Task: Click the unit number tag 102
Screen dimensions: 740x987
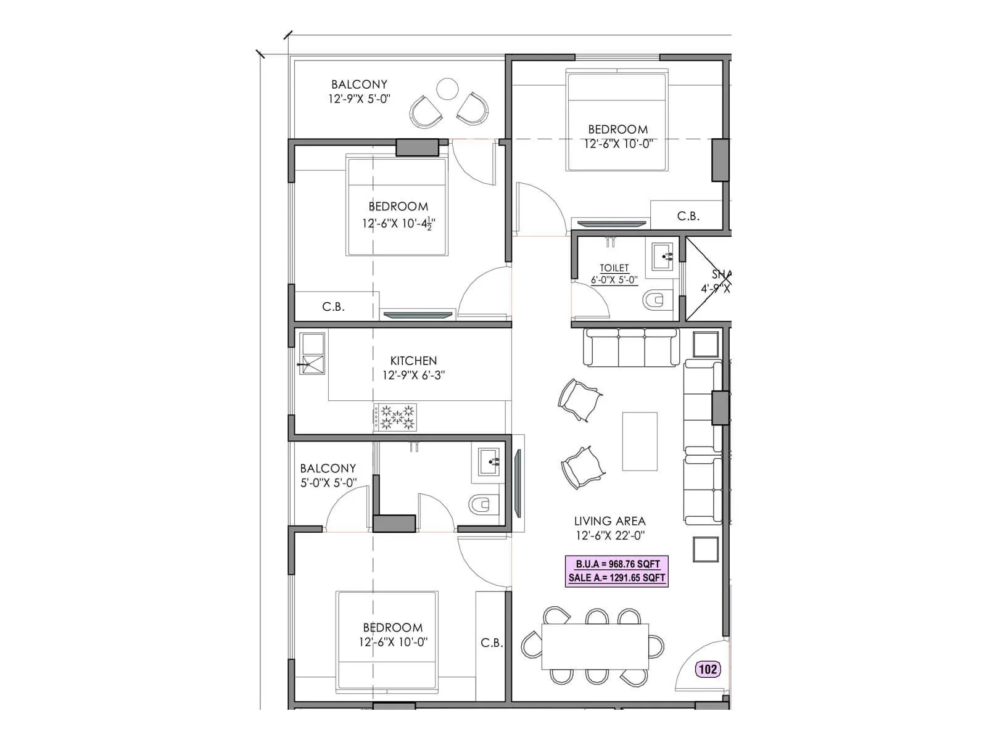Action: point(708,669)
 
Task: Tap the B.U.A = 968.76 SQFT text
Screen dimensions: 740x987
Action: point(617,564)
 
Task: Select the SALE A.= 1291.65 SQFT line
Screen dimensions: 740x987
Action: point(617,578)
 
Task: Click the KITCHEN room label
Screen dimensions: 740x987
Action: point(413,361)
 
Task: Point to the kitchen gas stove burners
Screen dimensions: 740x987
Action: point(395,417)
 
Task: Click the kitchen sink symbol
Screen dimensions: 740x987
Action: point(312,354)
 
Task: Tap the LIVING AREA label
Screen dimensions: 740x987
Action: point(609,521)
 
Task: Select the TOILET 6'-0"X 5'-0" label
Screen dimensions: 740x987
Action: point(614,274)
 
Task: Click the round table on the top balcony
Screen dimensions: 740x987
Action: point(447,89)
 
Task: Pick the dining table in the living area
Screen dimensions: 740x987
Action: point(595,646)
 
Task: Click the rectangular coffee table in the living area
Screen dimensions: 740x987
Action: point(640,442)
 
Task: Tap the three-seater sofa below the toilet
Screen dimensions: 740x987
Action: point(631,348)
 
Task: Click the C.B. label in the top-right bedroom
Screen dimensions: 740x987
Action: point(688,216)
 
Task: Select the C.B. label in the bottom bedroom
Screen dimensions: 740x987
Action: point(492,643)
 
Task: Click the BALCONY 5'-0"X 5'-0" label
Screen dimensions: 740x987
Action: point(328,475)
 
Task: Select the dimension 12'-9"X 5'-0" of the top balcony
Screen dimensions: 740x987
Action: point(359,99)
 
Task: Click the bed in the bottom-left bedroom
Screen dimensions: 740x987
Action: point(387,641)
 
